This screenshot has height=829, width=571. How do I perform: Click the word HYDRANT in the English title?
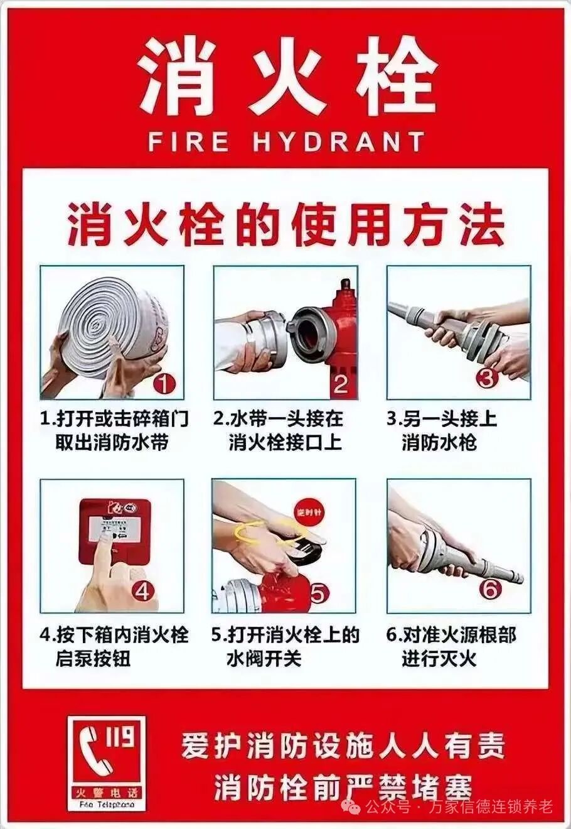point(339,141)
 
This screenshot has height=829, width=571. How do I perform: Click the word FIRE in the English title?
point(188,141)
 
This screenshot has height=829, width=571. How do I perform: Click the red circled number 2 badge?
point(339,383)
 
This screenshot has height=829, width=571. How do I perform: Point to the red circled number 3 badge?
point(487,378)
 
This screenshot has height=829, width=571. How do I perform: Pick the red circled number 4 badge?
point(142,591)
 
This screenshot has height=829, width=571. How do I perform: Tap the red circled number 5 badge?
point(318,592)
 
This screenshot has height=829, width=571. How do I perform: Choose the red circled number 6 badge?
point(490,588)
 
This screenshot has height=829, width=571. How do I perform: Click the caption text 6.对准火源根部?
point(451,635)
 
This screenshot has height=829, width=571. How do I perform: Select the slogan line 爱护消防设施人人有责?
point(343,745)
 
